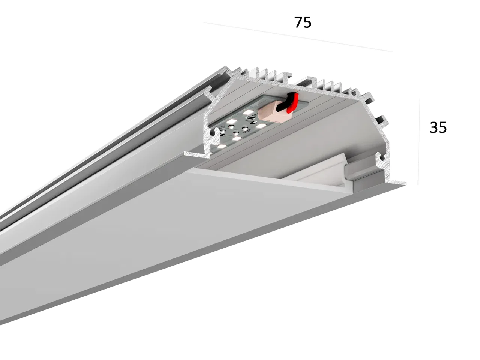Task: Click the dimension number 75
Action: coord(303,22)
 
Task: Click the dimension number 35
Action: coord(438,127)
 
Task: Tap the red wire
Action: coord(294,102)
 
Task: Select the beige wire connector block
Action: coord(271,113)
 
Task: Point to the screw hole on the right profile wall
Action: coord(382,157)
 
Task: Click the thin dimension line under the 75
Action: coord(298,37)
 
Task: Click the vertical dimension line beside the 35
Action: coord(419,142)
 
